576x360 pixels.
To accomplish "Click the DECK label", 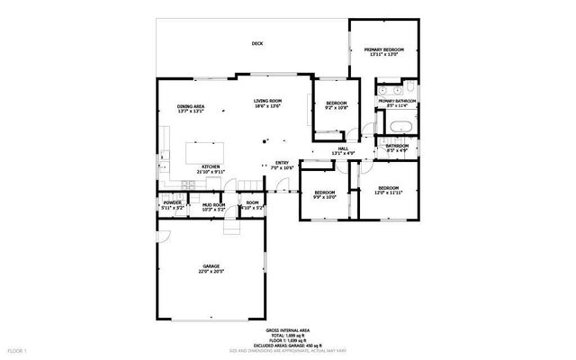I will click(257, 43).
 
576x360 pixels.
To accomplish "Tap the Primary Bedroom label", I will click(383, 49).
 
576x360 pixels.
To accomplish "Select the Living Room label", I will click(267, 101).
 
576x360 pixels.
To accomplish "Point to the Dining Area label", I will click(191, 107).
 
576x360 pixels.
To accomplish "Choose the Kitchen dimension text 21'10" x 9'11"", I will click(211, 171).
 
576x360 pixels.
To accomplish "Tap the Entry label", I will click(283, 163).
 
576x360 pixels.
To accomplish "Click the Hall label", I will click(343, 148).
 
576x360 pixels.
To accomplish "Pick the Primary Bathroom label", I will click(397, 101).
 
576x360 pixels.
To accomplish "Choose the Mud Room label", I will click(213, 204).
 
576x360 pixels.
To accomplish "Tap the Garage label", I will click(211, 266).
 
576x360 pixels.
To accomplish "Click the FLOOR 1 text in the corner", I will click(18, 348).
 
